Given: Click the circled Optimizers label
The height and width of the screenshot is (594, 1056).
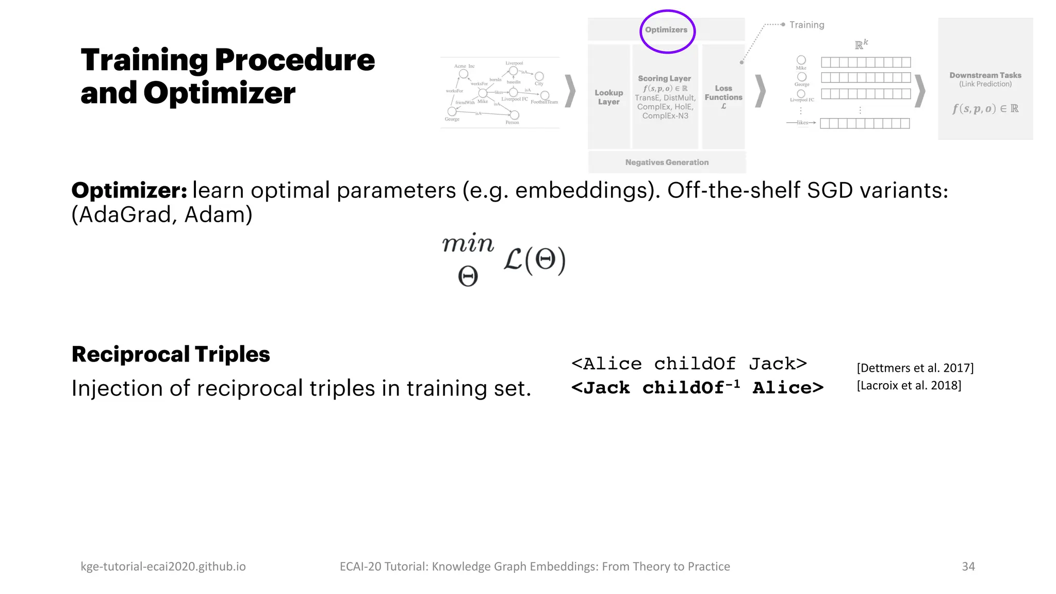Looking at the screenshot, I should [666, 30].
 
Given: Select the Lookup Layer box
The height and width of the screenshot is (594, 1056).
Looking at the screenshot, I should [608, 97].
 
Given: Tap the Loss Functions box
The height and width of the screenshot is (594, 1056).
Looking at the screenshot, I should [723, 97].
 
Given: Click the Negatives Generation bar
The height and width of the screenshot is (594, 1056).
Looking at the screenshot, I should [667, 162].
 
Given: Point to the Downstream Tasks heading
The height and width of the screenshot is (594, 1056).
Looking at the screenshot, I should [985, 75].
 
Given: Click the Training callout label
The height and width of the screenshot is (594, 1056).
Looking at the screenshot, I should [806, 25].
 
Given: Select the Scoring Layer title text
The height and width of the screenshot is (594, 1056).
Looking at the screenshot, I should [664, 78].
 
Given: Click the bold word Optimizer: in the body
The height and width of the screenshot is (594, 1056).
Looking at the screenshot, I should [129, 190].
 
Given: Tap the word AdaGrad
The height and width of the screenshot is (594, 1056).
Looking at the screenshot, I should [124, 214].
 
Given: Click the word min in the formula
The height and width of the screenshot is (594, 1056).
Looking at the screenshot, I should [468, 243].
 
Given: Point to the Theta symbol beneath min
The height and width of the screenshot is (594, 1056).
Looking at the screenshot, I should [468, 277].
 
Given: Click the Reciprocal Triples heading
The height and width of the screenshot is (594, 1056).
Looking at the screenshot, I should [171, 354].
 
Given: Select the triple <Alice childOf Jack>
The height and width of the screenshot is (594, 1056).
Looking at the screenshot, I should [689, 364].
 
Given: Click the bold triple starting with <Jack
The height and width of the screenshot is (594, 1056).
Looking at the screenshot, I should [697, 387].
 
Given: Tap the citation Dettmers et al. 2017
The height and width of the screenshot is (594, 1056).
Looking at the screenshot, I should [915, 368].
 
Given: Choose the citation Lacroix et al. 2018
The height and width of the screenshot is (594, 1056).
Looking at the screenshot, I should [909, 385].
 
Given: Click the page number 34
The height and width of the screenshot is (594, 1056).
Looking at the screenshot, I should [968, 566].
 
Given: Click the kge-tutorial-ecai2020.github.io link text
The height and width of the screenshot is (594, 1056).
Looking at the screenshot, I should [163, 566].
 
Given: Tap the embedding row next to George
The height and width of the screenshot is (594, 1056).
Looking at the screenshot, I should [866, 78].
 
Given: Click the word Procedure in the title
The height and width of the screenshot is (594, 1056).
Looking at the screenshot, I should [294, 60].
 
